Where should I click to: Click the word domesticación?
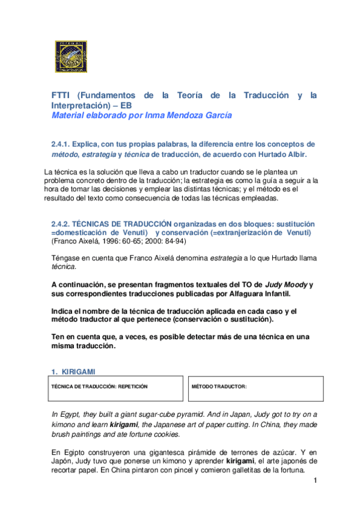coord(85,233)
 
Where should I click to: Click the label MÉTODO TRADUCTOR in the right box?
coord(219,386)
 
